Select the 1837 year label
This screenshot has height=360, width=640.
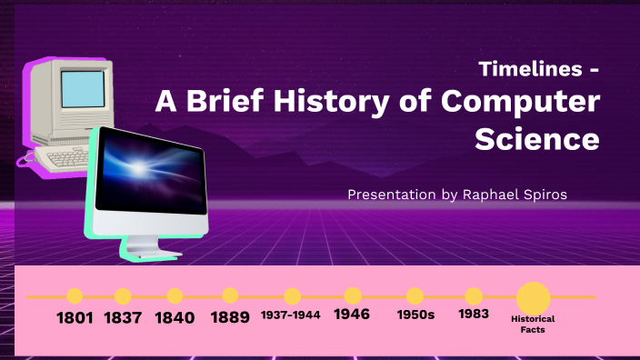point(123,318)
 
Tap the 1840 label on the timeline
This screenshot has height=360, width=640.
point(175,318)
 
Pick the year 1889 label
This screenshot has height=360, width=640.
point(230,318)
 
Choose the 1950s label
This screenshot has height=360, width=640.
point(416,315)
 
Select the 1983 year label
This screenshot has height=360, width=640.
point(474,314)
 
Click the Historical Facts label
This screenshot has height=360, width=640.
point(533,325)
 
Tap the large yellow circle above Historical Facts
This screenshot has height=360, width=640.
point(534,297)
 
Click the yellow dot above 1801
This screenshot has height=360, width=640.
point(75,295)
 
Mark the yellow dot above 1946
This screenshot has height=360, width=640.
point(354,295)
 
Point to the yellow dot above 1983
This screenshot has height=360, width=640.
point(474,295)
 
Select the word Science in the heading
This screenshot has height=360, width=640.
point(536,139)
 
